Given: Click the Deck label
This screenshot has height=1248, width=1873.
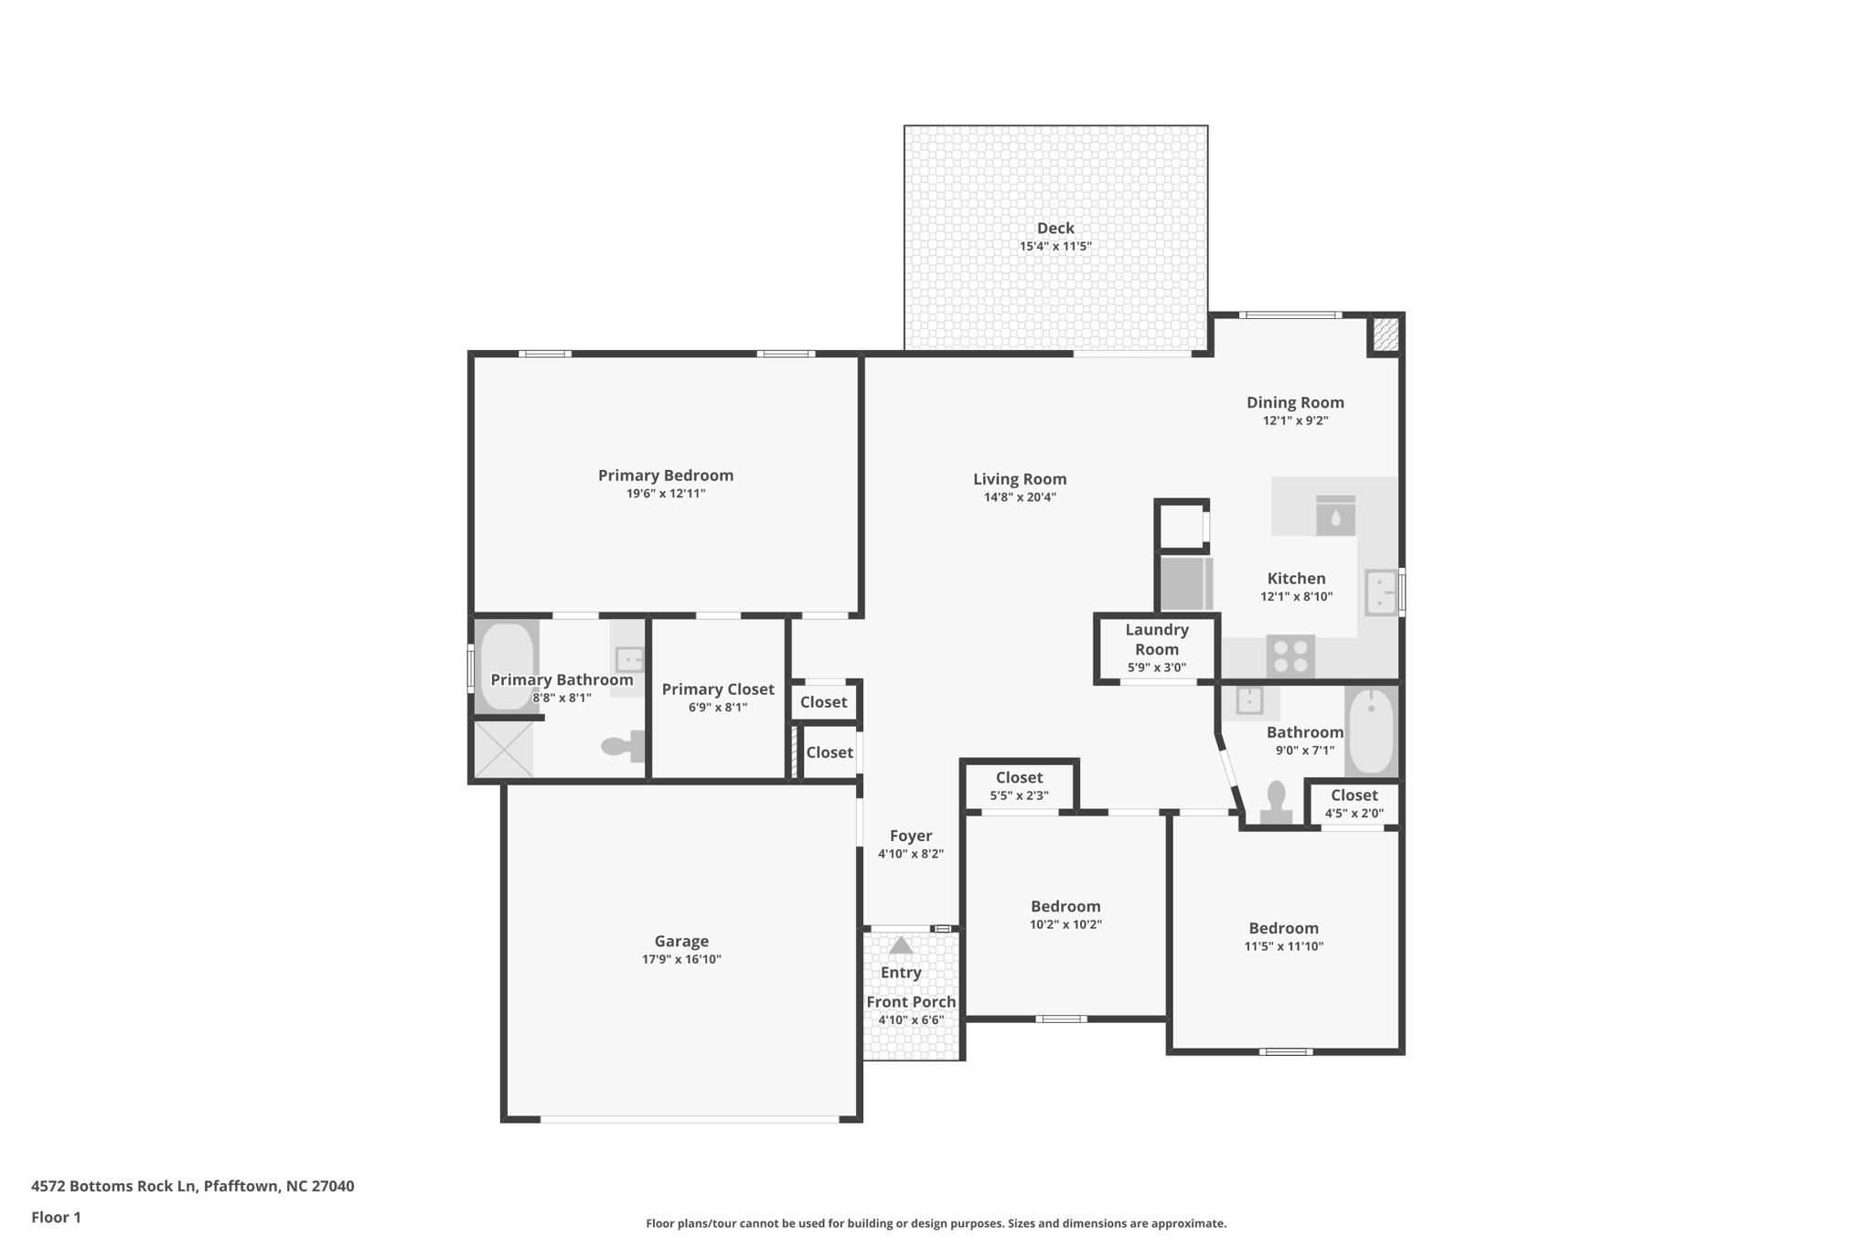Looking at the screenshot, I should (x=1054, y=229).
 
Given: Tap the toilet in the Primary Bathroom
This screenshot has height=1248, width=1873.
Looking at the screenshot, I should (x=625, y=746).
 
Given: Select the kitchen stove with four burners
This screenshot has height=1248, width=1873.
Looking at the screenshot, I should (x=1290, y=656).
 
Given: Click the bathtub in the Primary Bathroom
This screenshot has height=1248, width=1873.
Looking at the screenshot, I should (x=506, y=666).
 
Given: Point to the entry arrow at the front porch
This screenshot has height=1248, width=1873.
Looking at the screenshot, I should (x=901, y=945).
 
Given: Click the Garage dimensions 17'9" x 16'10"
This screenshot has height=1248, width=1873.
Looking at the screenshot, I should (x=681, y=959).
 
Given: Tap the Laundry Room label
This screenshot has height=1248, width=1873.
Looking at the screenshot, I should (x=1156, y=639).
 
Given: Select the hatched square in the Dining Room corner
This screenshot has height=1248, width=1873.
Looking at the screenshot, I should (x=1385, y=334).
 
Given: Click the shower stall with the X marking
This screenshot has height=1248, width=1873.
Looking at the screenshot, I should (x=503, y=750).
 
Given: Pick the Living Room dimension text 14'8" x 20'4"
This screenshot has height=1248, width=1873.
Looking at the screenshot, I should (x=1020, y=497).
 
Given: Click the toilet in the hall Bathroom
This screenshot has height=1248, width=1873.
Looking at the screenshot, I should (x=1276, y=803).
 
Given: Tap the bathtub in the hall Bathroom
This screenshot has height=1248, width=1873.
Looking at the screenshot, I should (x=1370, y=731).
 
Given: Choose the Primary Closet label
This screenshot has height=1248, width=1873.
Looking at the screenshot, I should (x=718, y=689).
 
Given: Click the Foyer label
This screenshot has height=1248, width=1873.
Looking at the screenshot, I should (x=911, y=836).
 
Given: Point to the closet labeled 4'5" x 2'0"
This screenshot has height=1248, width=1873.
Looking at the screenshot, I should (x=1354, y=803).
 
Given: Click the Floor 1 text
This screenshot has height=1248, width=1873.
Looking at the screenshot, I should (x=56, y=1217).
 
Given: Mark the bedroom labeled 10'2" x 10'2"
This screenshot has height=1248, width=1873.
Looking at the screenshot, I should (x=1065, y=914).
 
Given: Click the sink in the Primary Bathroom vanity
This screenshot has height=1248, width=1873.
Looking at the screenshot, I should (x=629, y=658).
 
